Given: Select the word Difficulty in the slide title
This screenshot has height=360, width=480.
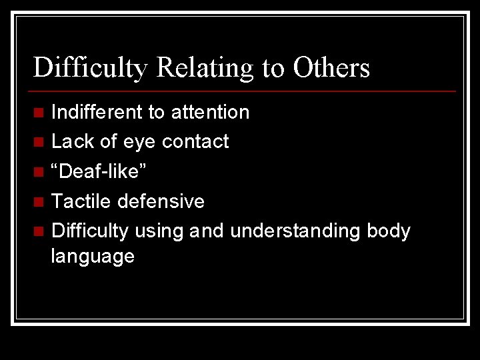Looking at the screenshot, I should tap(91, 68).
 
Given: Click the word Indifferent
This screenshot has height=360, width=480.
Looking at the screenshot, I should tap(97, 112).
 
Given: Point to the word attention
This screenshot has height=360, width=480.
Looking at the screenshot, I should tap(210, 112).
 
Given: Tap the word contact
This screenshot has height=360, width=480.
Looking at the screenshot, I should tap(195, 141).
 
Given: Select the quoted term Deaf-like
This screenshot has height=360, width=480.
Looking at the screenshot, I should tap(100, 171).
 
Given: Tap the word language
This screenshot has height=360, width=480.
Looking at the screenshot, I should tap(93, 257).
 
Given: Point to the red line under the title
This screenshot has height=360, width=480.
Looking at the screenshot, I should tap(244, 91).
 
